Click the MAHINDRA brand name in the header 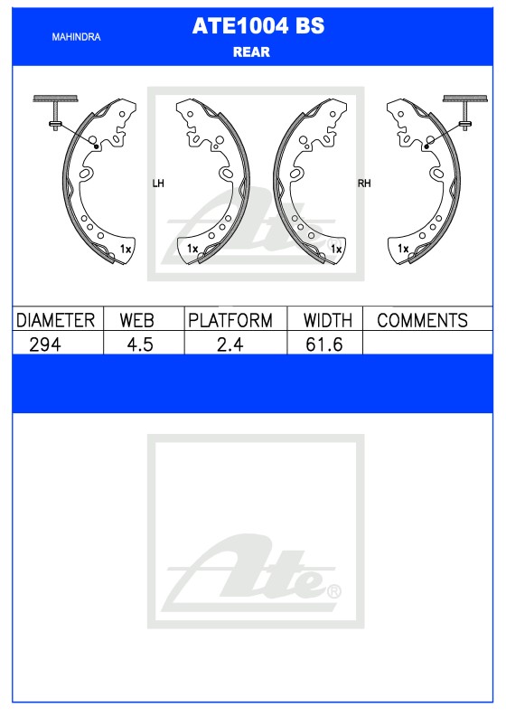[x=76, y=37]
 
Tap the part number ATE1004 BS [x=258, y=25]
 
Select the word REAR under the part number [x=251, y=52]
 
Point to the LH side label [x=158, y=184]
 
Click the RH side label [x=364, y=184]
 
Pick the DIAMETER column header [x=55, y=320]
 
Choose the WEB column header [x=136, y=320]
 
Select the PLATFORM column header [x=230, y=320]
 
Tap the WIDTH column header [x=328, y=320]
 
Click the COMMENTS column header [x=422, y=320]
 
